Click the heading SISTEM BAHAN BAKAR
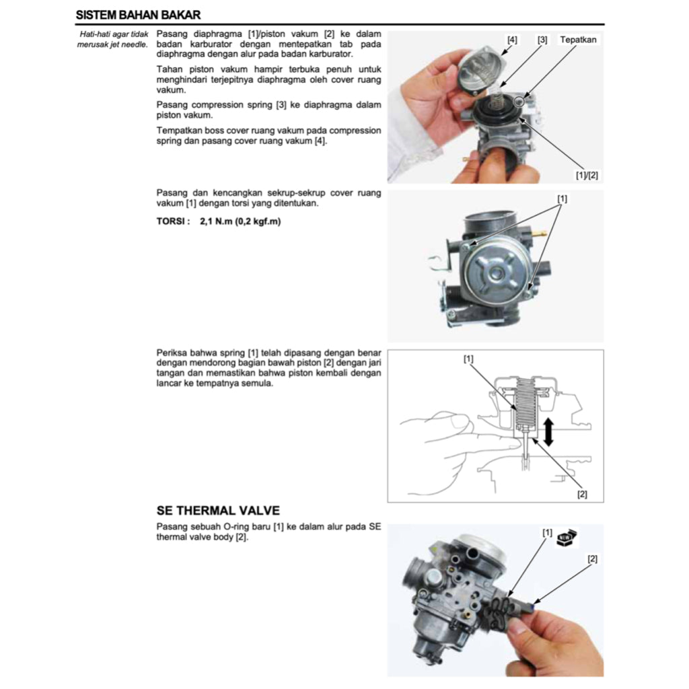click(x=138, y=14)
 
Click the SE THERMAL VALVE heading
click(x=217, y=511)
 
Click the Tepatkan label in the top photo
click(x=578, y=40)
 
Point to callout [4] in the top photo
click(x=512, y=40)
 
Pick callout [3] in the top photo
click(x=542, y=40)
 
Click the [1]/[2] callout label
click(x=586, y=175)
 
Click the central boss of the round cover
click(x=496, y=273)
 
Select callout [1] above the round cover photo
click(x=562, y=198)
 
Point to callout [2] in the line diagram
click(x=582, y=494)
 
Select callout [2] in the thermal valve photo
click(x=592, y=558)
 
